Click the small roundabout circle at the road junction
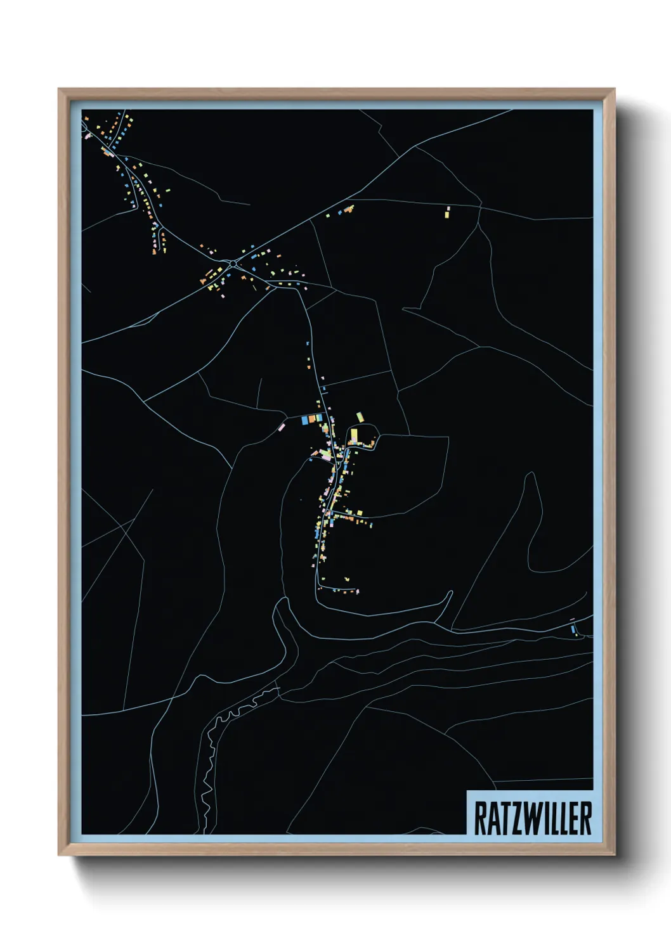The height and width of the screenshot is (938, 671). (233, 263)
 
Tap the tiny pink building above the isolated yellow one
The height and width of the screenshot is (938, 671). (447, 207)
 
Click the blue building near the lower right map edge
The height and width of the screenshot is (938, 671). (573, 629)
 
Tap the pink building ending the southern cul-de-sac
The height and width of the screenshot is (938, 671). (358, 591)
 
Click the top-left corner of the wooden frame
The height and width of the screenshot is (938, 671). (59, 89)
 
